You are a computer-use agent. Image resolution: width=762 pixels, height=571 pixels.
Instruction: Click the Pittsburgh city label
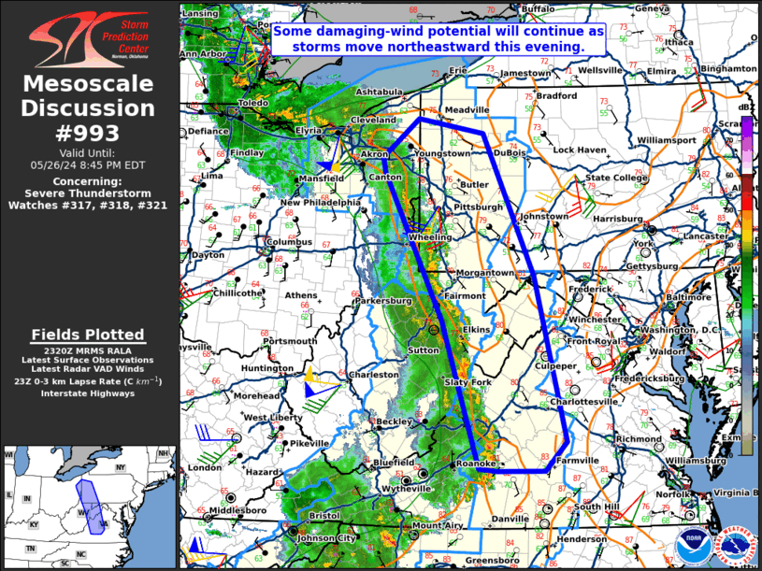click(479, 207)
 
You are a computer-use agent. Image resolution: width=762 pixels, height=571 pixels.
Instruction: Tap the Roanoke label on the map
click(472, 464)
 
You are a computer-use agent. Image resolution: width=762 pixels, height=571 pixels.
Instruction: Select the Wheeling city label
click(429, 238)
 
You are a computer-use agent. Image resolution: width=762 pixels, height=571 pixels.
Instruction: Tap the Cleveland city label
click(373, 121)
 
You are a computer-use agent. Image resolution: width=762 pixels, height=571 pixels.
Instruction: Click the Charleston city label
click(373, 375)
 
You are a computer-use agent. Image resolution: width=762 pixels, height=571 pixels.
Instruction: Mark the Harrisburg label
click(618, 219)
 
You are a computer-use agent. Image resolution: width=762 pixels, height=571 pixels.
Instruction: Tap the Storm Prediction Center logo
click(90, 37)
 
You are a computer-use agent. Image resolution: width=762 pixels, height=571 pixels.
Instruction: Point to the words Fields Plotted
click(88, 335)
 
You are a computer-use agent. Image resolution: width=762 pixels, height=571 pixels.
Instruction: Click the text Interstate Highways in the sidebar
click(88, 393)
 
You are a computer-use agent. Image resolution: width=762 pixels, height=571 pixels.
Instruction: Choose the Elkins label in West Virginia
click(477, 329)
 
